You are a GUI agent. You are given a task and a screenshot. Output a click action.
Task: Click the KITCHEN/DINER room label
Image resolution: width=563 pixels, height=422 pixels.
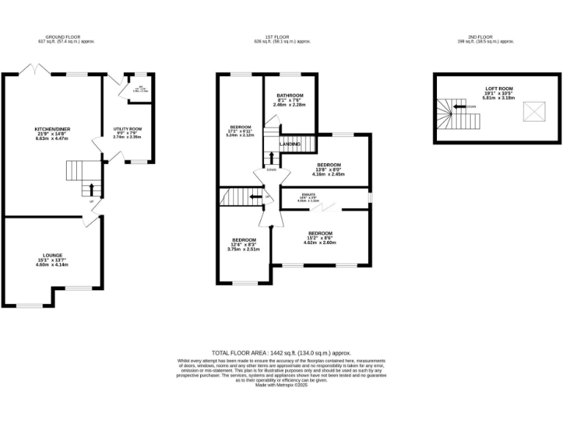coord(53,129)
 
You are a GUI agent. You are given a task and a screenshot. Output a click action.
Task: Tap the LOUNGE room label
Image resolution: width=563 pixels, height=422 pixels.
coord(51,256)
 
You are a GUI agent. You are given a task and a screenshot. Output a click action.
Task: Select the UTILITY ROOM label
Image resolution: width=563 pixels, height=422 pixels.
coord(127,129)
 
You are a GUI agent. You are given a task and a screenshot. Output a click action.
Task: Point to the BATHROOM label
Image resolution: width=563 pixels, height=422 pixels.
coord(290,96)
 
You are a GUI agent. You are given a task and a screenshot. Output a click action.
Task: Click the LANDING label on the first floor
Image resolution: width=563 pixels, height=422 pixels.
coord(290,144)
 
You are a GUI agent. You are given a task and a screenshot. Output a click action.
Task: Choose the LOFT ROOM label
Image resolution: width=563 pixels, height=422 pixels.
coord(498,89)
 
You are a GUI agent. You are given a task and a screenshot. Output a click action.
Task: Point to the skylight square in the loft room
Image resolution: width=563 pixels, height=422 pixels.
coord(531,112)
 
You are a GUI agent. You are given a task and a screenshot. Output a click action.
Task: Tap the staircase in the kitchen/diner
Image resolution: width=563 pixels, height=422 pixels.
coord(78,171)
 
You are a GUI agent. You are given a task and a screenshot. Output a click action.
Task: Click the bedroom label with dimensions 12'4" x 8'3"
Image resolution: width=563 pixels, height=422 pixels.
coord(244,240)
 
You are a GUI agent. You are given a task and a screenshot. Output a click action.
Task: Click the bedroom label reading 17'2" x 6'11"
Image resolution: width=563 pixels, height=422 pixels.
coord(240,127)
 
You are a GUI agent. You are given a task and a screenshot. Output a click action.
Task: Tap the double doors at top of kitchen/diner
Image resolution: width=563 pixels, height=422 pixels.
coord(33,69)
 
